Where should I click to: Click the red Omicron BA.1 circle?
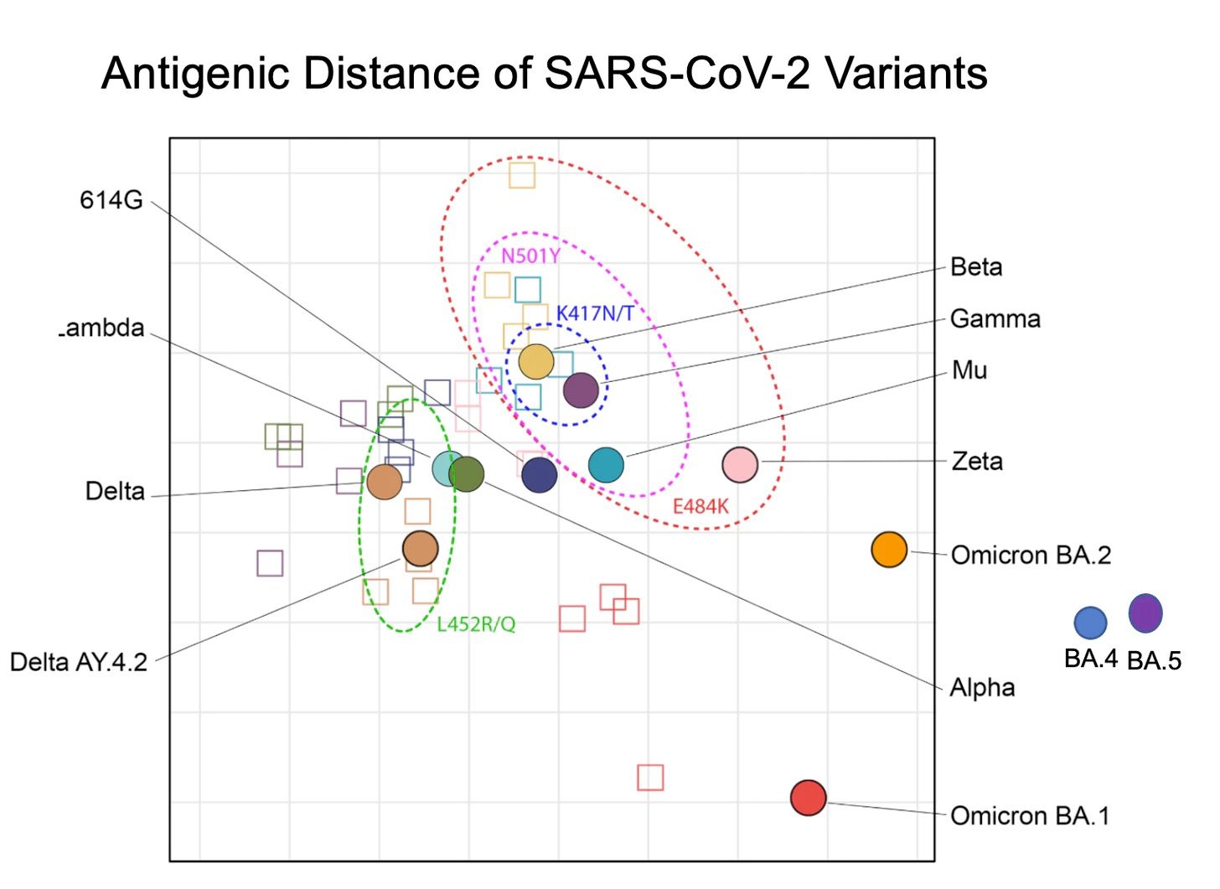click(809, 798)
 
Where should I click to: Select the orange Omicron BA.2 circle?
click(889, 550)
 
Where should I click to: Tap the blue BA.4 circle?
click(1090, 623)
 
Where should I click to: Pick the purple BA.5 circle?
click(1145, 612)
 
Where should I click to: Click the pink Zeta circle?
click(740, 464)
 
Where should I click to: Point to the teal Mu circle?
click(606, 465)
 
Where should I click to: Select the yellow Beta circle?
click(536, 361)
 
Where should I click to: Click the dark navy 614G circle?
click(540, 474)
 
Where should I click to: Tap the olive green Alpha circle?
click(467, 474)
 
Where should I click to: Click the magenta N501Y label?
click(530, 256)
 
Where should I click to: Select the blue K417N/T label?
click(595, 313)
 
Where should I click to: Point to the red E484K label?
click(700, 506)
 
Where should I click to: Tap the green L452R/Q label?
click(476, 624)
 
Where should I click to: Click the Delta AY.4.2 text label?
click(79, 662)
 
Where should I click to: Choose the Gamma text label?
click(995, 318)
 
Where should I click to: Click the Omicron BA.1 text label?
click(1030, 815)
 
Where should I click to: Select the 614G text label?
click(111, 200)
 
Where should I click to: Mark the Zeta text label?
click(976, 461)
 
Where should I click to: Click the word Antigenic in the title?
click(196, 73)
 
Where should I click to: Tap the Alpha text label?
click(982, 687)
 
